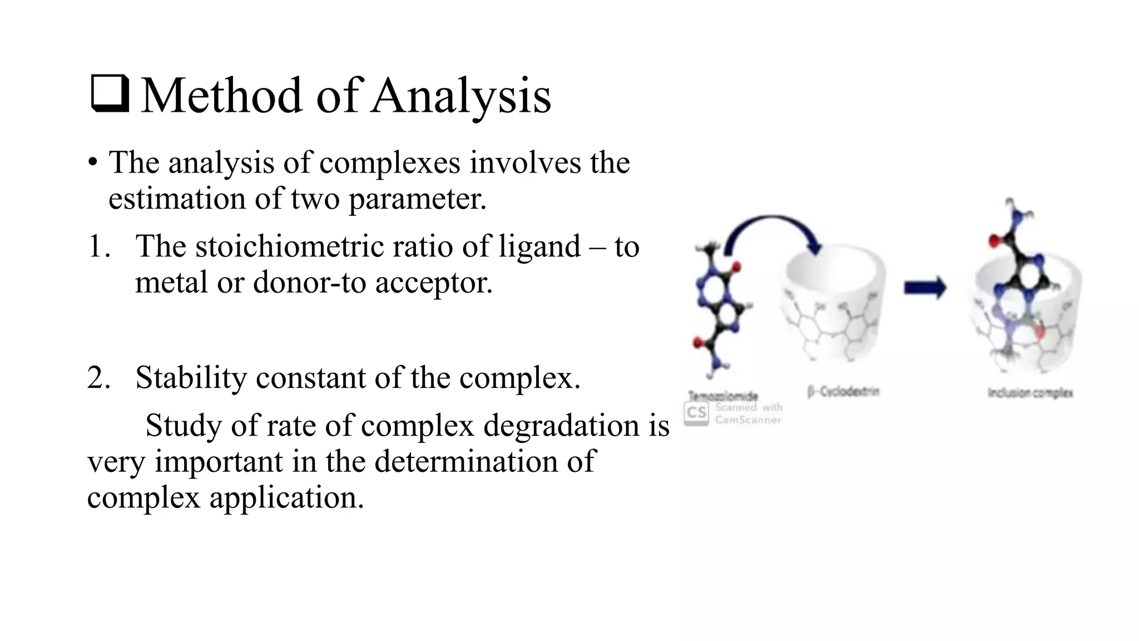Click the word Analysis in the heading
click(x=461, y=96)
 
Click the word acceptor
click(x=433, y=282)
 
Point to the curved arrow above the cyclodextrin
click(x=770, y=231)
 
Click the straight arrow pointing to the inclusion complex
click(x=924, y=288)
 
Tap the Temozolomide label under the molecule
click(x=723, y=396)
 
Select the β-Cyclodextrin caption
click(x=843, y=392)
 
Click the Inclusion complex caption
click(x=1030, y=393)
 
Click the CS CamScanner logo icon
click(x=696, y=413)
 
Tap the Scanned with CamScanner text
click(x=749, y=413)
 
